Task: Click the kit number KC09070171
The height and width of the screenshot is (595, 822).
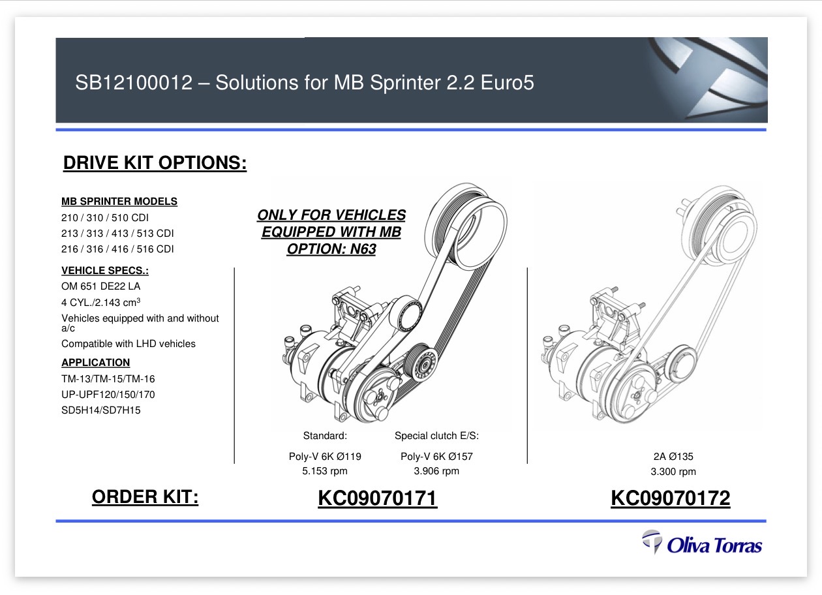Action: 378,498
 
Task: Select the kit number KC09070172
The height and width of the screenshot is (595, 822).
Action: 671,498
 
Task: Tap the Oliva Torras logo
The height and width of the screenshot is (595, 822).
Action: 702,542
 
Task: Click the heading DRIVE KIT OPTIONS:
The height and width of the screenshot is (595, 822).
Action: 155,162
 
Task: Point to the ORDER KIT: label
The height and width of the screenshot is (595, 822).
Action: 145,496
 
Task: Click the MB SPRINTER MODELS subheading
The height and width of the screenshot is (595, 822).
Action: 119,202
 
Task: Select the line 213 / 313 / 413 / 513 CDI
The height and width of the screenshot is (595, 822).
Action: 117,234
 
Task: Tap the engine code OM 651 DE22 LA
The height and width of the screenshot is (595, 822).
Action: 101,286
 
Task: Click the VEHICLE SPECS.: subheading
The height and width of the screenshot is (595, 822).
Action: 105,271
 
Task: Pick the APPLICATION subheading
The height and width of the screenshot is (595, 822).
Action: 96,362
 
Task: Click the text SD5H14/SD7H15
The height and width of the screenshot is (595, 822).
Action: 101,410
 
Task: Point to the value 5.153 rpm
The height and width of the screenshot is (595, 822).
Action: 325,471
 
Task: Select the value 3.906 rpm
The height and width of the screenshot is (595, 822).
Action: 436,471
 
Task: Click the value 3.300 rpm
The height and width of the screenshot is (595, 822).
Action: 673,472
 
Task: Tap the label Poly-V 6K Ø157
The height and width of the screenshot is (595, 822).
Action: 436,456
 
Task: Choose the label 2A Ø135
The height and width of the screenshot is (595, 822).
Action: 673,456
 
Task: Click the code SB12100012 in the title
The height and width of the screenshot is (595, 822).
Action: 134,83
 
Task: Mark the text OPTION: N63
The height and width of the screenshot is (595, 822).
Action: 331,249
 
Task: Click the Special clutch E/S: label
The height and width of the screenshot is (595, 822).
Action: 436,436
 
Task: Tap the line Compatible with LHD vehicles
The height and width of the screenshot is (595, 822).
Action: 129,344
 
